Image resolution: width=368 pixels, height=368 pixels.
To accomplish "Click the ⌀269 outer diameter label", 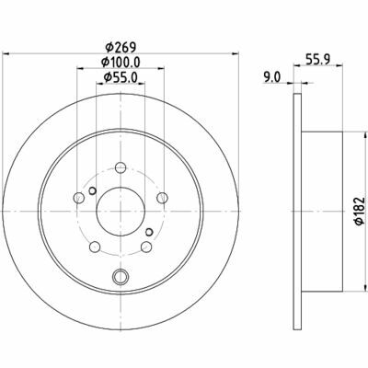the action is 121,48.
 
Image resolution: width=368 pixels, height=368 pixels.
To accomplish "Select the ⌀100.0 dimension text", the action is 121,63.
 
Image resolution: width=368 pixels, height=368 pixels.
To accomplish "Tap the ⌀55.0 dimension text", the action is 121,77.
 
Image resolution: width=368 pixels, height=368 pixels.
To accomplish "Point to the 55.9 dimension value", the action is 318,58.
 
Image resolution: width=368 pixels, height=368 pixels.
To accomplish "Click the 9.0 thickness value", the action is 272,76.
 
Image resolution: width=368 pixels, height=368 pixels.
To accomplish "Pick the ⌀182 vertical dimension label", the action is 361,212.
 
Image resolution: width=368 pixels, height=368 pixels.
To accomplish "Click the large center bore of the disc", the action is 121,212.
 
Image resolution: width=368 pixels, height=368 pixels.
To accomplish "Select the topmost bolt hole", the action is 121,167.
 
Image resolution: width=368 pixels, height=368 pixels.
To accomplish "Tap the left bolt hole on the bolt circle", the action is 79,198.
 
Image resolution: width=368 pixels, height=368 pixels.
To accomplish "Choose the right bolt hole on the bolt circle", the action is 162,198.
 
